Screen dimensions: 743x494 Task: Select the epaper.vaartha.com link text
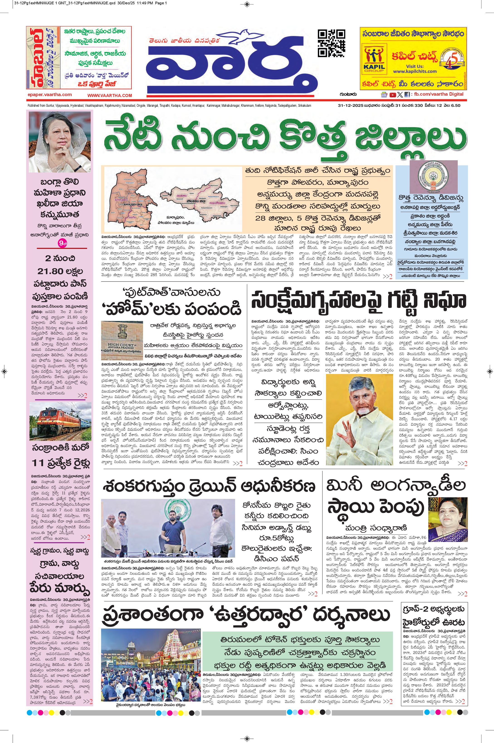[49, 95]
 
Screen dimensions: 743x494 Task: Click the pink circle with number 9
[61, 243]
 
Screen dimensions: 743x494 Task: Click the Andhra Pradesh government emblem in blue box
[431, 179]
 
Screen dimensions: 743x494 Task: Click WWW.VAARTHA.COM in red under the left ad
[110, 95]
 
